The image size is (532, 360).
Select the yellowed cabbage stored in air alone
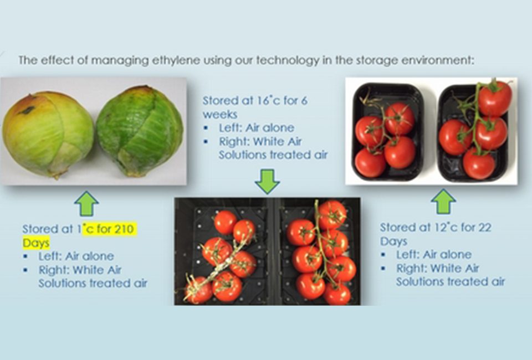click(48, 135)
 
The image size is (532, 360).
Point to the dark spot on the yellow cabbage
click(28, 110)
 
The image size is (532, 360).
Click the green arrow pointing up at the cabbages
click(86, 204)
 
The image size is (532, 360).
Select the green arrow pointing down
click(267, 182)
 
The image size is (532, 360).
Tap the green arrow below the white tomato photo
click(443, 202)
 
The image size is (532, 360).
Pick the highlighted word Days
click(36, 243)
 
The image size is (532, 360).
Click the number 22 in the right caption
click(484, 228)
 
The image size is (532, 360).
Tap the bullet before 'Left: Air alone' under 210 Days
click(25, 256)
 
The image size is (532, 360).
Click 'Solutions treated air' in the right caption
click(451, 282)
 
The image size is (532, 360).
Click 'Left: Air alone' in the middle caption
click(257, 128)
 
